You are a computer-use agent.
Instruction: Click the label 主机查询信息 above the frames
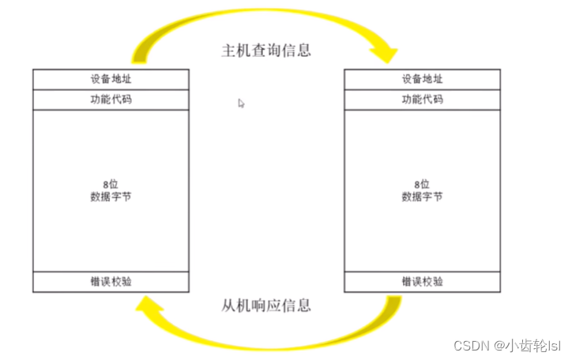point(265,51)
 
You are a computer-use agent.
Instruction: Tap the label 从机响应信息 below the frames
point(265,306)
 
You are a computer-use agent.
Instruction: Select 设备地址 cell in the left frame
point(111,79)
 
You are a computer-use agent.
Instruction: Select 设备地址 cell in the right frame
point(422,79)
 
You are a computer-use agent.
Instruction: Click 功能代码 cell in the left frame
point(111,99)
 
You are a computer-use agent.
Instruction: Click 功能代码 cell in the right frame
point(422,99)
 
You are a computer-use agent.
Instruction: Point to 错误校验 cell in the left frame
point(111,281)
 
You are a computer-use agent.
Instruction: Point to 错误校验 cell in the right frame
point(422,281)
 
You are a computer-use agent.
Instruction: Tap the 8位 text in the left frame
point(111,184)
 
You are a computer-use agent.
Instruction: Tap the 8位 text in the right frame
point(422,184)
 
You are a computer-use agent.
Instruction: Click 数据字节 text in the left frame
point(111,196)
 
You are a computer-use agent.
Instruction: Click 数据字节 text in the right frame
point(422,196)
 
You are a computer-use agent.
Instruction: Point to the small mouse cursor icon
point(241,102)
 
